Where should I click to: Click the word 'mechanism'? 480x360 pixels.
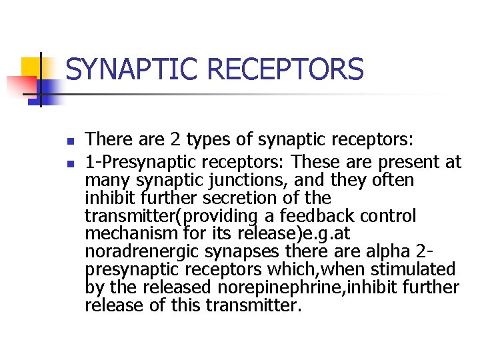[x=132, y=234]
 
